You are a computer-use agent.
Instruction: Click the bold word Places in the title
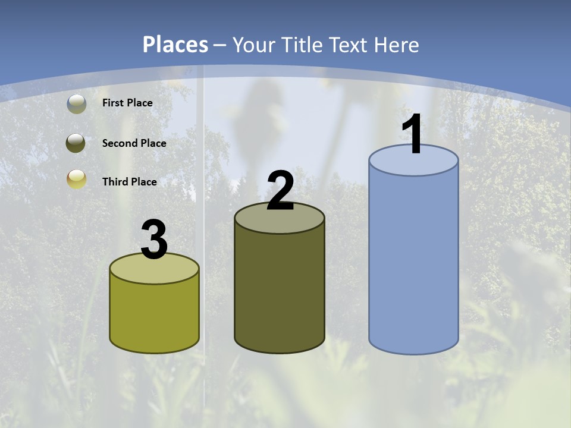pyautogui.click(x=175, y=45)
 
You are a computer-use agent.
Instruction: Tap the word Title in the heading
pyautogui.click(x=303, y=45)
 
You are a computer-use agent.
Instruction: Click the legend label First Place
pyautogui.click(x=127, y=103)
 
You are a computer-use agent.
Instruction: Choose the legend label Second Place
pyautogui.click(x=134, y=143)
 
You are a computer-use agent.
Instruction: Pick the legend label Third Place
pyautogui.click(x=129, y=182)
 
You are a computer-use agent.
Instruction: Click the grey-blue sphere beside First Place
pyautogui.click(x=76, y=103)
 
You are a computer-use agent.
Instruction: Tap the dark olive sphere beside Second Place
pyautogui.click(x=76, y=143)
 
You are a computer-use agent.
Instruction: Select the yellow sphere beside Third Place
pyautogui.click(x=76, y=179)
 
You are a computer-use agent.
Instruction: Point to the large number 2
pyautogui.click(x=280, y=191)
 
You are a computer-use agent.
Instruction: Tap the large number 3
pyautogui.click(x=154, y=240)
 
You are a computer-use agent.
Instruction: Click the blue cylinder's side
pyautogui.click(x=413, y=262)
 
